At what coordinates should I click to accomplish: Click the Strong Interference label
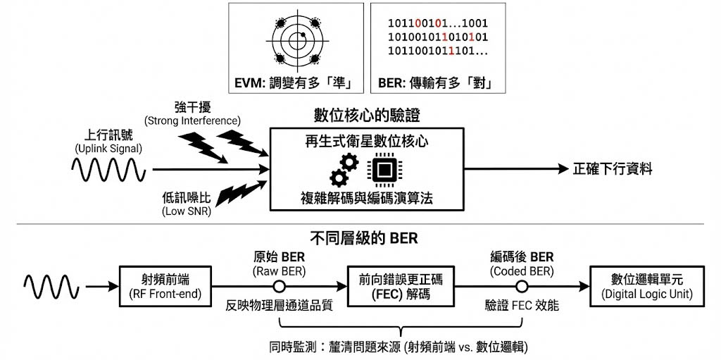tap(192, 114)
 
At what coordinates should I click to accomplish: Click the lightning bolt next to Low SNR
tap(232, 196)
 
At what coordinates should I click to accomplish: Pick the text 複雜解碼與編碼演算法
tap(366, 198)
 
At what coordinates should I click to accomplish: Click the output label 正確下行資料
tap(613, 169)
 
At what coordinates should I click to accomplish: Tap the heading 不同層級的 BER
tap(364, 238)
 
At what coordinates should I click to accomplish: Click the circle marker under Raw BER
tap(280, 287)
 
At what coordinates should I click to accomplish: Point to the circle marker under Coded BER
tap(522, 287)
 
